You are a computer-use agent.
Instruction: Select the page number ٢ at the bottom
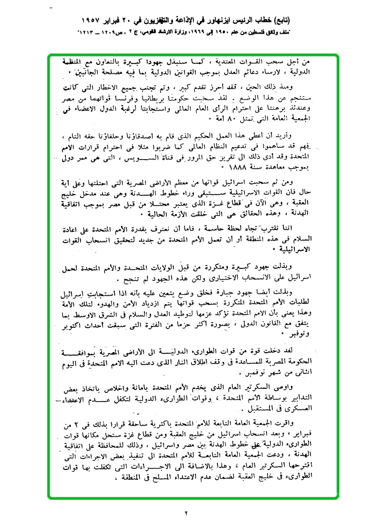click(x=186, y=513)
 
